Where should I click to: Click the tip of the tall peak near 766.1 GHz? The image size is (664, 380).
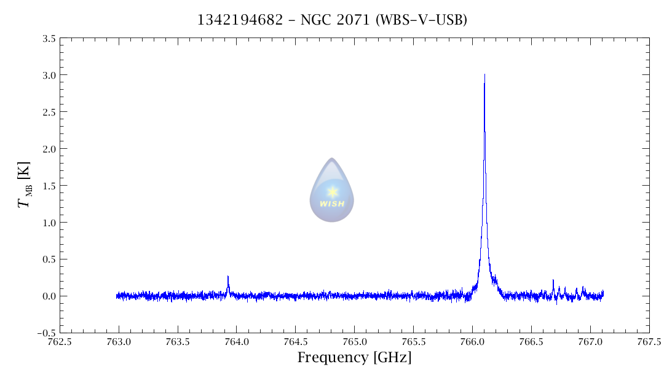pos(484,75)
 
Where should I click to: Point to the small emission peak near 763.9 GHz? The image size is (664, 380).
pos(228,277)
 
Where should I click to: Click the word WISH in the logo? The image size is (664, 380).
pos(332,204)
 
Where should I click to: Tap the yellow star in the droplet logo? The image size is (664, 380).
pos(332,191)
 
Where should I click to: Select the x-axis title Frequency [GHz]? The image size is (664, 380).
pos(354,357)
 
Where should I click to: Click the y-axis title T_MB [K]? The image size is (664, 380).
pos(24,185)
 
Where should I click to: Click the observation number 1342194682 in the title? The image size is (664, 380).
pos(240,20)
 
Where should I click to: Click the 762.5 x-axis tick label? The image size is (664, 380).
pos(60,342)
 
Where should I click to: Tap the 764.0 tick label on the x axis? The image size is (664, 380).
pos(237,342)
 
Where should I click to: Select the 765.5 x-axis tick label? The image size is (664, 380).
pos(413,342)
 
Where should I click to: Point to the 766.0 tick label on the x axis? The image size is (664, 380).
pos(472,342)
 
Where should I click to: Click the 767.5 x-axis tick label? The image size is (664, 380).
pos(649,342)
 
